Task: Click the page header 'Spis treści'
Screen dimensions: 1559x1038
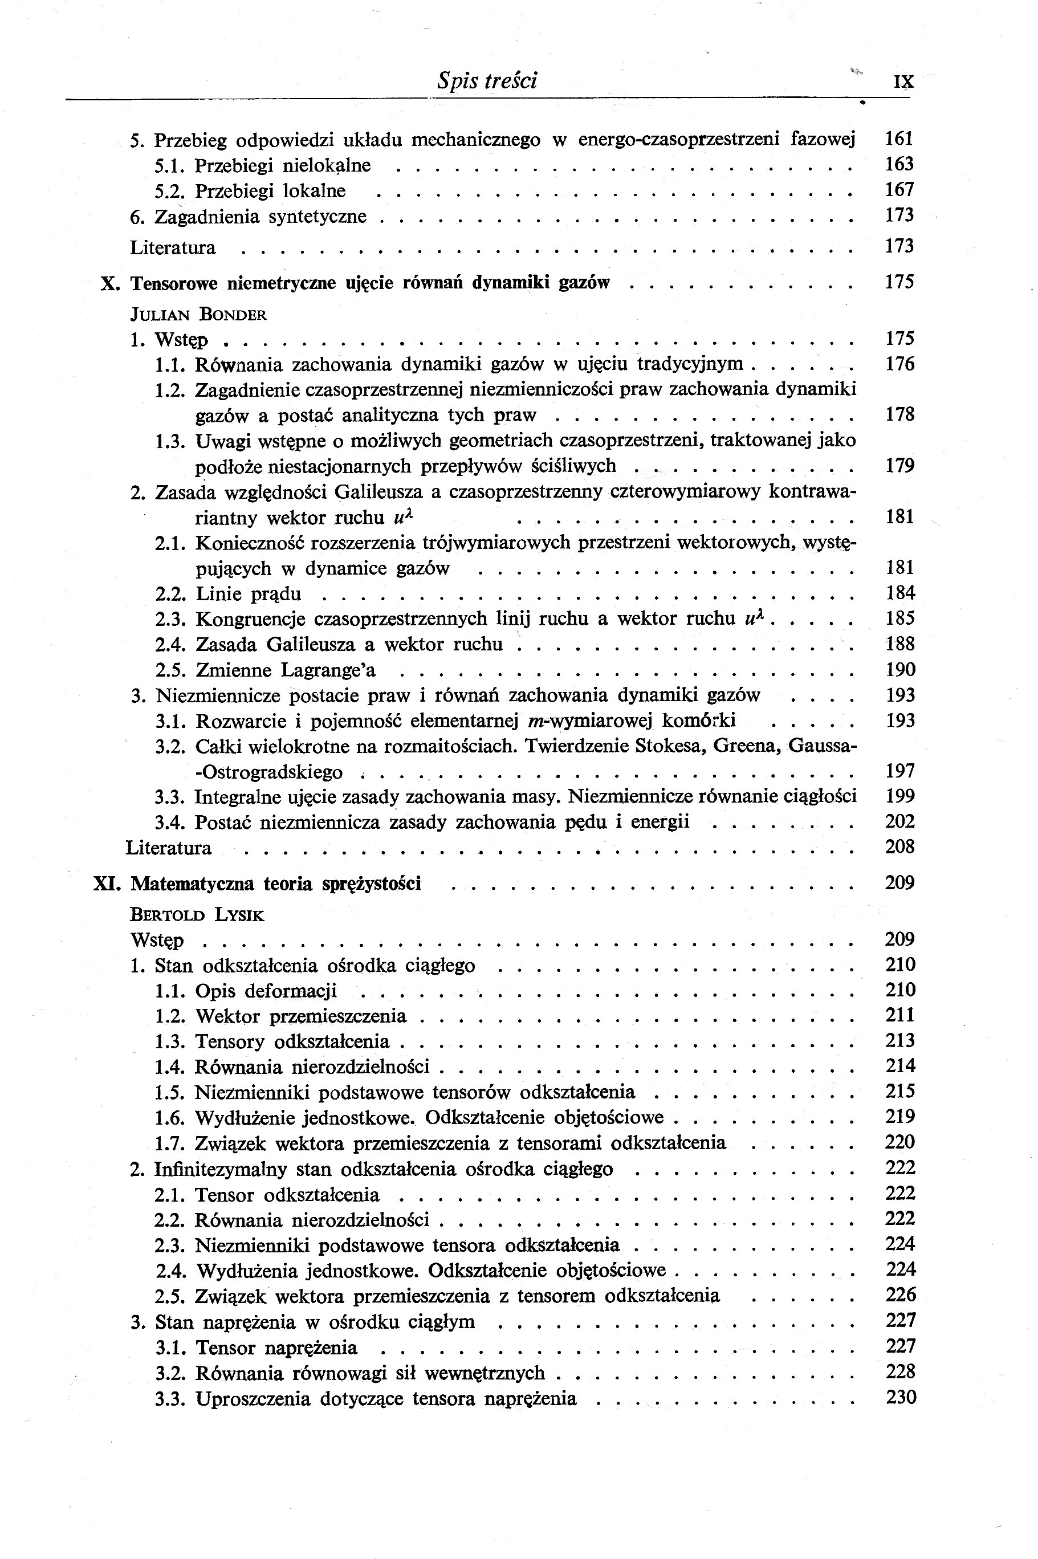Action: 487,81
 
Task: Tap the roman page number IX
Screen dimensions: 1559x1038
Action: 903,82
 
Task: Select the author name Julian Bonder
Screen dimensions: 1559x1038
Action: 198,315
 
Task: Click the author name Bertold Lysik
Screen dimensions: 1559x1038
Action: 197,915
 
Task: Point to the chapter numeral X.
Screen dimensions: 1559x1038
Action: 109,283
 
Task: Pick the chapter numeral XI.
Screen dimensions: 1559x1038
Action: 107,884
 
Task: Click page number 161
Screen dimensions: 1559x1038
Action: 899,139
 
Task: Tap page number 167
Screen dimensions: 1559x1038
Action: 899,190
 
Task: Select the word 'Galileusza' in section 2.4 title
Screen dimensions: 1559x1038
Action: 308,644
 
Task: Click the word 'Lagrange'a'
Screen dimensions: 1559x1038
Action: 328,670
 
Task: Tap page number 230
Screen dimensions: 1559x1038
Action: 900,1398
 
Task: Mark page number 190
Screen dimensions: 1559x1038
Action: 900,669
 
